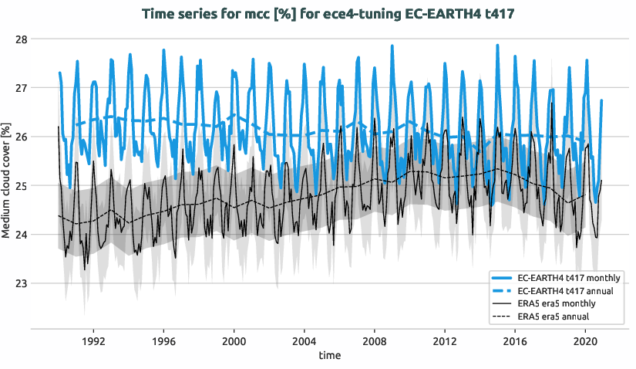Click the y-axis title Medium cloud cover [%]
(7, 181)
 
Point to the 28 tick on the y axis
(21, 39)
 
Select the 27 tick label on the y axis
(21, 88)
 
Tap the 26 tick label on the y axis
(21, 137)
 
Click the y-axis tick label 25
(21, 185)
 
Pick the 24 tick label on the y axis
(21, 235)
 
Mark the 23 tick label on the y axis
(21, 283)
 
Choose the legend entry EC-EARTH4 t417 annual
(565, 290)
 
